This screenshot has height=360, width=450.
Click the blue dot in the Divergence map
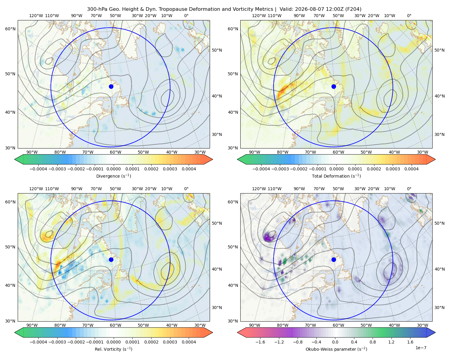pos(111,86)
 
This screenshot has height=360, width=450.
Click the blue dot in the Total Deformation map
pos(334,86)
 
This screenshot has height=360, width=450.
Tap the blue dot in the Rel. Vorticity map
pos(111,259)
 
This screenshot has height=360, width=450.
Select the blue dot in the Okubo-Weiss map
pos(334,259)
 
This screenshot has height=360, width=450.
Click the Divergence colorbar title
pos(113,176)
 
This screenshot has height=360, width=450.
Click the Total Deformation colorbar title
pos(336,176)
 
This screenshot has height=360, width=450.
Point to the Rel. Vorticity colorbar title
pos(113,349)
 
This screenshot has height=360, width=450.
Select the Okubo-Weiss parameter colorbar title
pos(336,349)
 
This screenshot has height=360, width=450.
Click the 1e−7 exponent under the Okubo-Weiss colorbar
pos(421,348)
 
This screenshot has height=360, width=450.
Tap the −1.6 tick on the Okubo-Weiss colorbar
pos(260,342)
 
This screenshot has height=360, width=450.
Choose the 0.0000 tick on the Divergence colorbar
pos(113,169)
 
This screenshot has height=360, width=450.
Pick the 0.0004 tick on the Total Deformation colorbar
pos(411,169)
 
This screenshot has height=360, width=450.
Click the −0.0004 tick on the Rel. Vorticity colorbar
pos(38,342)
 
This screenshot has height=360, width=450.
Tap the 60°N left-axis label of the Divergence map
pos(10,29)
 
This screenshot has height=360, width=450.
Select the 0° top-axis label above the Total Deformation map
pos(409,16)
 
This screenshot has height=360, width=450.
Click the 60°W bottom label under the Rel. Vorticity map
pos(115,325)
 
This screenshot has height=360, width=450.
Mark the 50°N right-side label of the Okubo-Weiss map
pos(439,223)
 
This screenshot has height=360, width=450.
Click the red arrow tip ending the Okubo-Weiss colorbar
pos(238,332)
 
